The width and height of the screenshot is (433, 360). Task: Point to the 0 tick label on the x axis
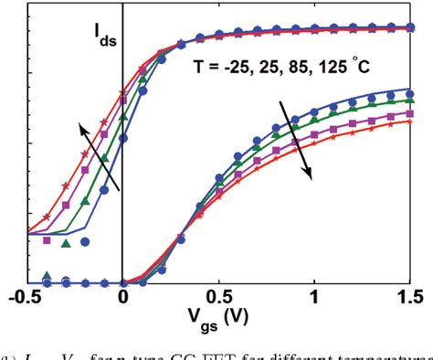tap(122, 299)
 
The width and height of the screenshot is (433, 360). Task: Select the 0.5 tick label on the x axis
tap(217, 299)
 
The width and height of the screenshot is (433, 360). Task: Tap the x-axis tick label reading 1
tap(315, 299)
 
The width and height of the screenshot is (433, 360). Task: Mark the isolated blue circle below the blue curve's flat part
tap(85, 242)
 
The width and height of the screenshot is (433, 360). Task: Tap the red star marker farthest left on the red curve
tap(47, 217)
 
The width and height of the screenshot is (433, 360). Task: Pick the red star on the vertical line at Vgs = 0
tap(122, 92)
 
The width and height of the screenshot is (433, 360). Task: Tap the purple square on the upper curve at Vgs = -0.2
tap(85, 170)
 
